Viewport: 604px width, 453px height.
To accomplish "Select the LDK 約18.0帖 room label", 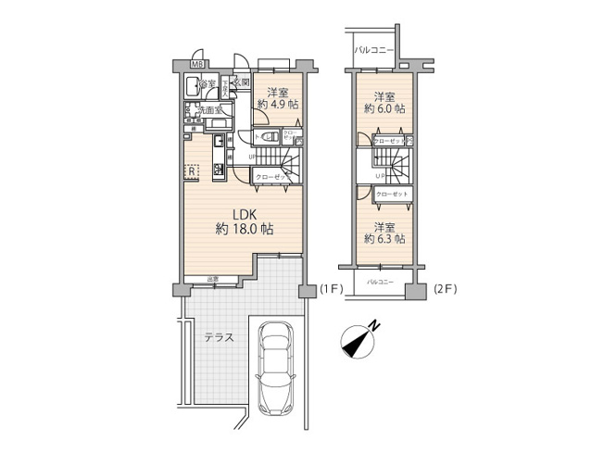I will [244, 221].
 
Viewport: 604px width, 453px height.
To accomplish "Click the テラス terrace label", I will [218, 336].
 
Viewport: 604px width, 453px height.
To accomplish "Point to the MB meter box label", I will [196, 65].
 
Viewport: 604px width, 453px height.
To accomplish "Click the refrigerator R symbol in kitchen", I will [189, 171].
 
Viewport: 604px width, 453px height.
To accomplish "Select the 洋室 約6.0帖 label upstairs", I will [384, 102].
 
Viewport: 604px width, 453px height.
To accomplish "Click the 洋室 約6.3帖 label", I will [384, 233].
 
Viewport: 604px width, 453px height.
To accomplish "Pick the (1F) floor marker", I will [331, 289].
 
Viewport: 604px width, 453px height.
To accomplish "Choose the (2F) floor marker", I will [447, 289].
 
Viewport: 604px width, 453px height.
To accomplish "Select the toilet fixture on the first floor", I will [265, 137].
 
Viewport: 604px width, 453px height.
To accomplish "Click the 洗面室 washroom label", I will [207, 110].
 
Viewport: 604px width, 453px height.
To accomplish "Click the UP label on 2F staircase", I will [380, 176].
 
